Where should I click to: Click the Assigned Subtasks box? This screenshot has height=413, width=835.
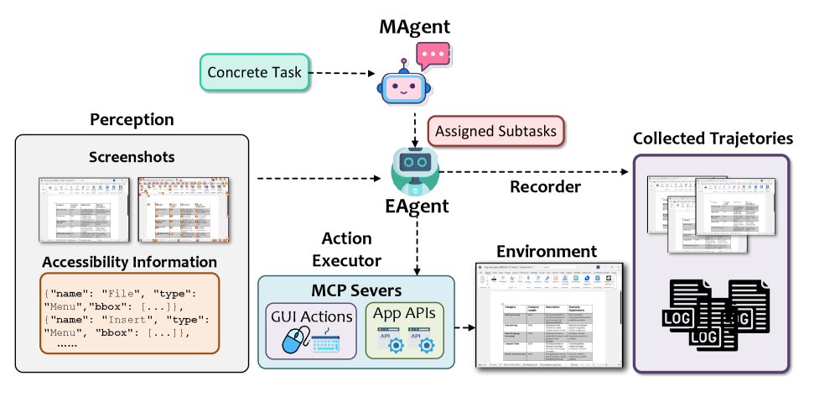(495, 132)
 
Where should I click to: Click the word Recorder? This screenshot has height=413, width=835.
(545, 186)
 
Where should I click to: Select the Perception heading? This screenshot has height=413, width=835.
(132, 119)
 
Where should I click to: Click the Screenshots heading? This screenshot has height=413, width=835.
(132, 158)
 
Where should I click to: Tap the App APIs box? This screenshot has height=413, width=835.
(407, 330)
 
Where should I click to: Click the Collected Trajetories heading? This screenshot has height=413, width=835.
(712, 138)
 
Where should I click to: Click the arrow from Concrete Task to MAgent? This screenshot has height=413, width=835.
(341, 74)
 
